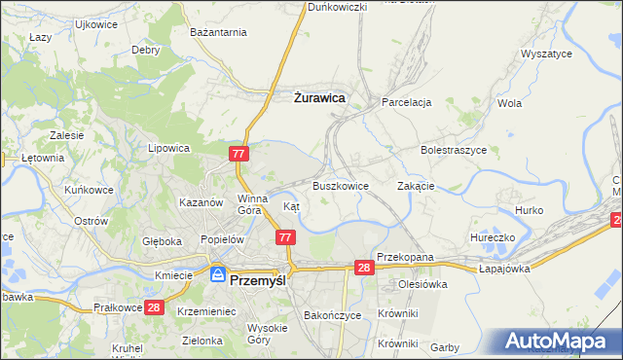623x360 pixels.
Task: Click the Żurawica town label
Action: click(x=320, y=97)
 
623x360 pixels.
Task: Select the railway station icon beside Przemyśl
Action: click(x=217, y=275)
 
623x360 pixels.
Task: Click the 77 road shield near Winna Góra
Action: click(x=240, y=154)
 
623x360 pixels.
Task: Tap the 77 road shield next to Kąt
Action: click(x=285, y=237)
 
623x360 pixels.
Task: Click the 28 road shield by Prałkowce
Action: click(x=153, y=306)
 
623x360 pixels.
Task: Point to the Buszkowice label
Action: click(x=340, y=185)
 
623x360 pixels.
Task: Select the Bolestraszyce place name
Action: click(x=453, y=151)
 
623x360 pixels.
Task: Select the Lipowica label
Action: click(x=167, y=149)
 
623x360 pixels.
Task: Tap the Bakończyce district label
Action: click(x=333, y=315)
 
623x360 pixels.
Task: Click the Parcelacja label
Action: click(x=406, y=102)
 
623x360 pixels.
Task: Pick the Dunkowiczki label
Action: click(x=337, y=7)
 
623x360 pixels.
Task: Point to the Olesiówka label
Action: click(x=421, y=284)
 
